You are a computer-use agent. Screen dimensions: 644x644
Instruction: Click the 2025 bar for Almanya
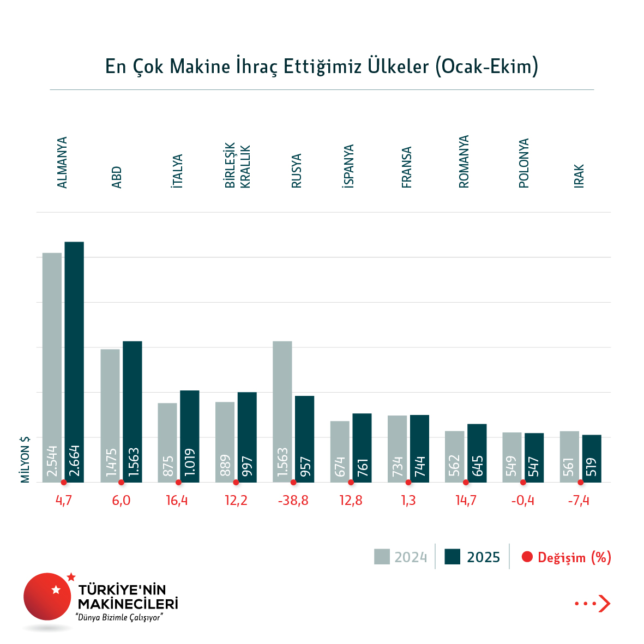74,360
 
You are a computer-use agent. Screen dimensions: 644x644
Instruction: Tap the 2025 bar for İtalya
190,436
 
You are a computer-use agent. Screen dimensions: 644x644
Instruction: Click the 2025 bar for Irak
592,459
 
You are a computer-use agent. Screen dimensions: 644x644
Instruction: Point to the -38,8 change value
293,501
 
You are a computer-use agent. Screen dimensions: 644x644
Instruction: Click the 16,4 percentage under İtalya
177,501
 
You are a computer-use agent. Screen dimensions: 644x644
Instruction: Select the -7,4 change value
579,501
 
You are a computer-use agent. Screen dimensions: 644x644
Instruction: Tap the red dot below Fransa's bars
408,483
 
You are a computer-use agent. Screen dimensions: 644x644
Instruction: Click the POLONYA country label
524,163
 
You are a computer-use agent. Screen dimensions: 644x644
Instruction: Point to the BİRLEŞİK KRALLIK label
238,166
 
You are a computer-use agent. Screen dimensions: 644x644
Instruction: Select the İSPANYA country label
348,166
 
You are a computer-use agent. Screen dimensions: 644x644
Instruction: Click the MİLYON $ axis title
25,459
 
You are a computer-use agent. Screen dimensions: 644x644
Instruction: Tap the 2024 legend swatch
382,557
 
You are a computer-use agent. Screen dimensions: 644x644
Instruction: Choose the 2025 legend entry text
484,557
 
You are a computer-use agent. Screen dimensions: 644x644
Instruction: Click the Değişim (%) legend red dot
527,557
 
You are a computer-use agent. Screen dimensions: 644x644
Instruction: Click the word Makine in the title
200,67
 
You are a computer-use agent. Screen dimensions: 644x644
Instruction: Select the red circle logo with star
47,596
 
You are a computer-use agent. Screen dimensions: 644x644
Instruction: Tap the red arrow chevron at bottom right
604,604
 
